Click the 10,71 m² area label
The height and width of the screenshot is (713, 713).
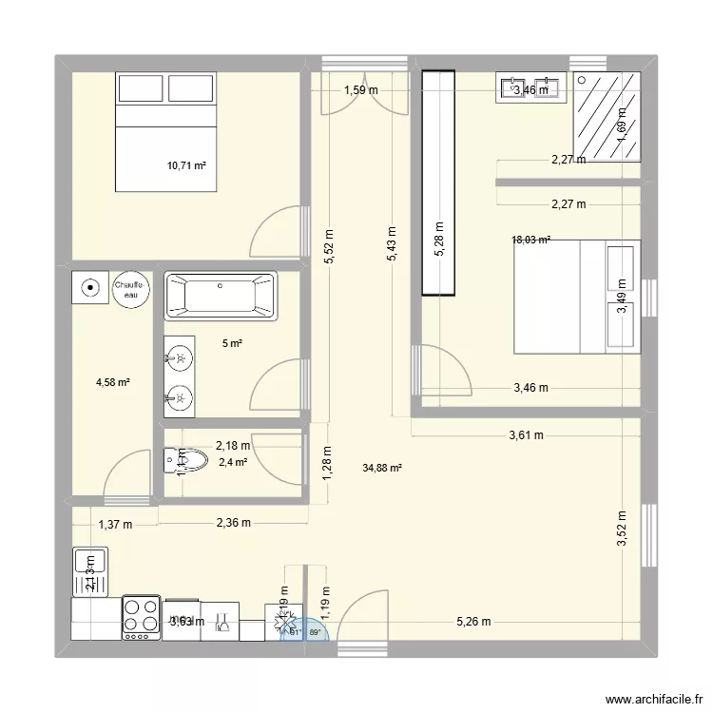click(x=186, y=165)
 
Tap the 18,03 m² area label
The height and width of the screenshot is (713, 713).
click(x=531, y=241)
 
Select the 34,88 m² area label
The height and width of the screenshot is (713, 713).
click(x=382, y=468)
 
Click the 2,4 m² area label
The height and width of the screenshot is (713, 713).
click(x=233, y=463)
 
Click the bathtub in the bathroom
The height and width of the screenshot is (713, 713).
click(x=221, y=296)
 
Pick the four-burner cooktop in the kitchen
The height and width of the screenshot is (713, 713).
click(x=141, y=616)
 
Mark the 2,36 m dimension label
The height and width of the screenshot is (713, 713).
click(x=234, y=523)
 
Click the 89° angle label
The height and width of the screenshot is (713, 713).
click(x=316, y=631)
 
